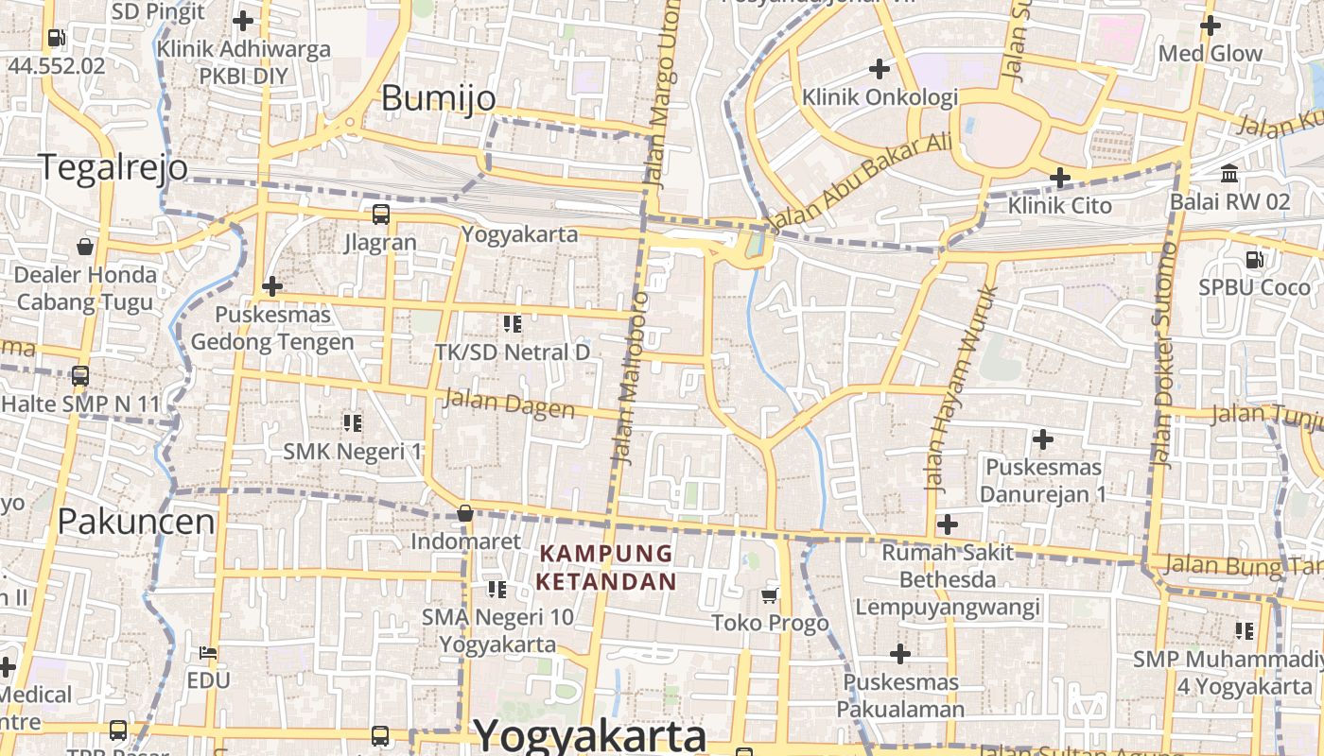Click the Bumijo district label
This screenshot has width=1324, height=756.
[438, 98]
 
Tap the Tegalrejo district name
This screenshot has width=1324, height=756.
[113, 167]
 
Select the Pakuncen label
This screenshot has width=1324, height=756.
[136, 521]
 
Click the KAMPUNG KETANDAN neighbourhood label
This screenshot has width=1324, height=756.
[606, 567]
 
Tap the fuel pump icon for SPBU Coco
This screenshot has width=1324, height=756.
[1254, 259]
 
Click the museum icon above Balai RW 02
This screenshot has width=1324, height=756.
[1229, 174]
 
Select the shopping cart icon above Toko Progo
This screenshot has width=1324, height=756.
[770, 595]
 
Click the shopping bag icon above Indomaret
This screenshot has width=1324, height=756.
[464, 513]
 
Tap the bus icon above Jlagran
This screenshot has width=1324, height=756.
[380, 215]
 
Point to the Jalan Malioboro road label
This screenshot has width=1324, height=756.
[630, 378]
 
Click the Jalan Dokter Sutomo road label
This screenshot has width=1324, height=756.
[1164, 354]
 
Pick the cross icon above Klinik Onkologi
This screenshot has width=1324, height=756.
[880, 68]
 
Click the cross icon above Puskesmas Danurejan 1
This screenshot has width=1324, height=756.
[1043, 439]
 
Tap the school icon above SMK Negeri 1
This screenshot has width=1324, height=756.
[353, 422]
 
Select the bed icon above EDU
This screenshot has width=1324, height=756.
[208, 653]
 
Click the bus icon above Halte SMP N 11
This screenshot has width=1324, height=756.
[80, 376]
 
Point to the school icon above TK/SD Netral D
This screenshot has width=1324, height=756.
[513, 324]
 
